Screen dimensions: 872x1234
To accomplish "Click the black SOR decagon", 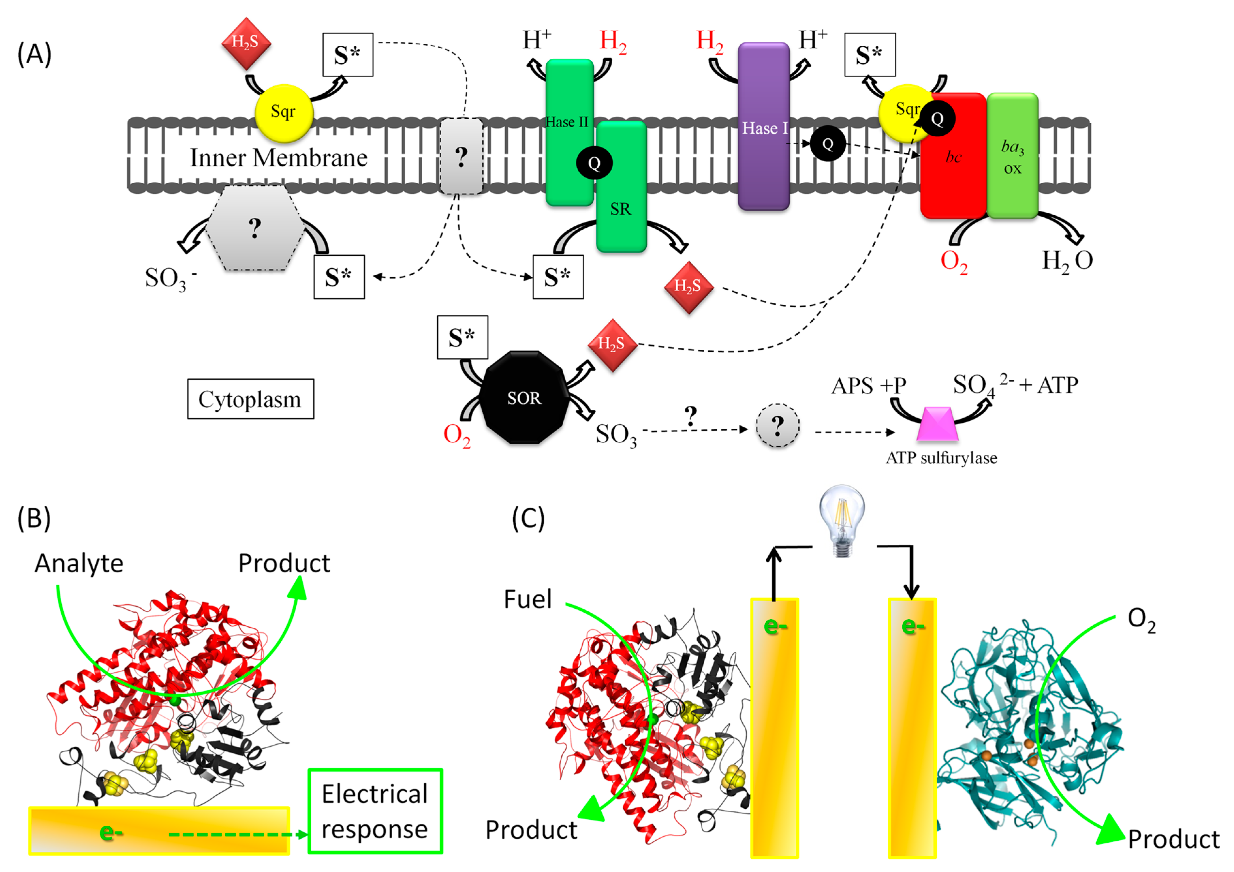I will [x=524, y=398].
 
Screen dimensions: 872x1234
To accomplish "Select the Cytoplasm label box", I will [x=250, y=399].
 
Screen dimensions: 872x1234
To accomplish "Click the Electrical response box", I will [x=375, y=811].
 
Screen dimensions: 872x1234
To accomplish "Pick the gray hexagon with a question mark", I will [x=255, y=228].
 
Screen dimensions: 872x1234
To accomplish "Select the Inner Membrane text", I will [x=278, y=158].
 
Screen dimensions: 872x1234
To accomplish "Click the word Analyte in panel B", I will [x=79, y=563].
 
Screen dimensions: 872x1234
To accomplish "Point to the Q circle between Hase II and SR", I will [x=594, y=163].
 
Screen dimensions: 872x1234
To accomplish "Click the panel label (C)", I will [x=528, y=518].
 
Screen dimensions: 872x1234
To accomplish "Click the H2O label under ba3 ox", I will [x=1067, y=261].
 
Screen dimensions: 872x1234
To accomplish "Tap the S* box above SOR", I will [x=462, y=337].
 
